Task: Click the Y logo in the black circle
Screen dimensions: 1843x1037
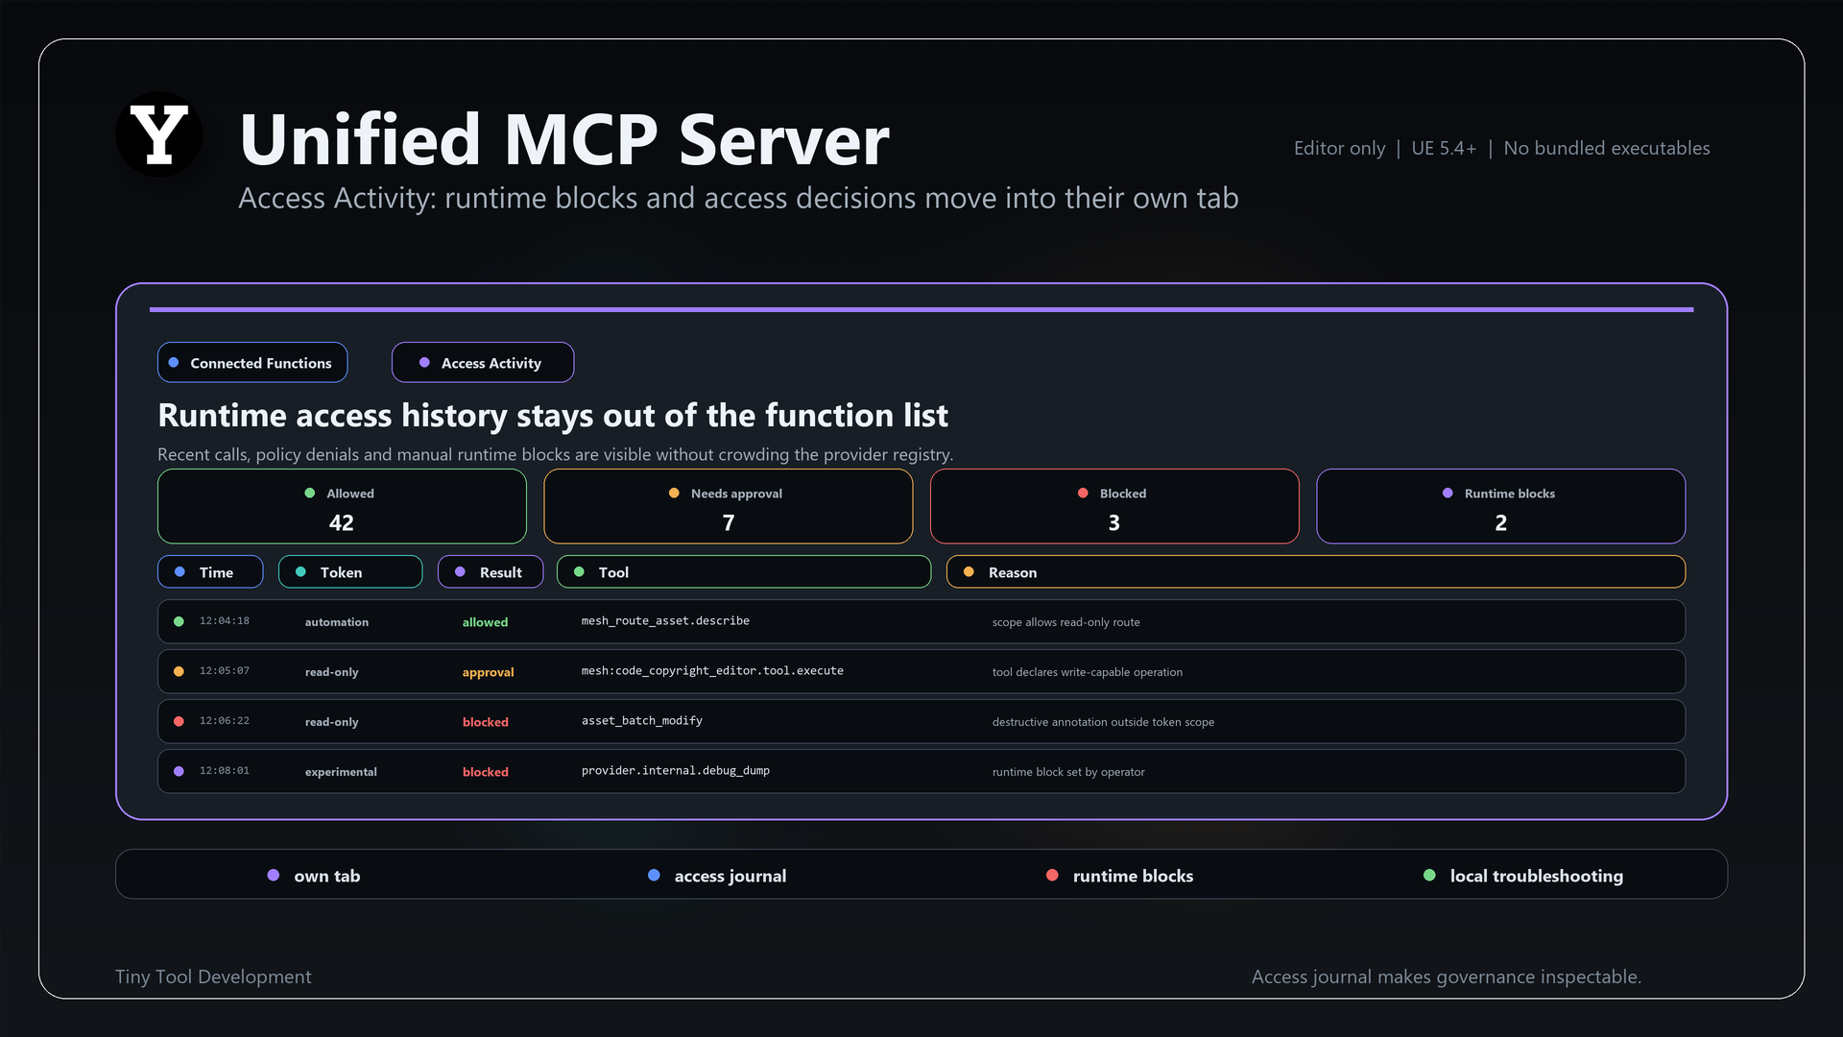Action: [159, 134]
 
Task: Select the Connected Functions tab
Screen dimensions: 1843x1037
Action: [252, 362]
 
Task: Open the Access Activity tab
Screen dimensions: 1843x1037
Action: [483, 362]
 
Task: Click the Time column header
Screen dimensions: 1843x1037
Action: [210, 571]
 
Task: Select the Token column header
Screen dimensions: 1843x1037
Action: [350, 571]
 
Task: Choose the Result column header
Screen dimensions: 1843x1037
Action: [491, 571]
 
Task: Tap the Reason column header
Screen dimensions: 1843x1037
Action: [1316, 571]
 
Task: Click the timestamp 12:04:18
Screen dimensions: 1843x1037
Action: [225, 621]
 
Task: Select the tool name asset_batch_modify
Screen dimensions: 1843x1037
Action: [642, 721]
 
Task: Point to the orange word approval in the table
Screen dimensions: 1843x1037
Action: [488, 672]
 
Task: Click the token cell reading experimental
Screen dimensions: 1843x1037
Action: [341, 772]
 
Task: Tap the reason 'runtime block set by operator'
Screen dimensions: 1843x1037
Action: [1068, 772]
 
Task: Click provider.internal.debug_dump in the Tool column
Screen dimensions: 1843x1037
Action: [676, 771]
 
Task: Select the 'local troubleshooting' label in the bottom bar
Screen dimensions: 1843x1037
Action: [1537, 876]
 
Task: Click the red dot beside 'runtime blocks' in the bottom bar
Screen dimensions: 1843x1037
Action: [1052, 875]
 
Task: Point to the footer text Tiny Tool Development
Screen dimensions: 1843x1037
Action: [213, 977]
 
